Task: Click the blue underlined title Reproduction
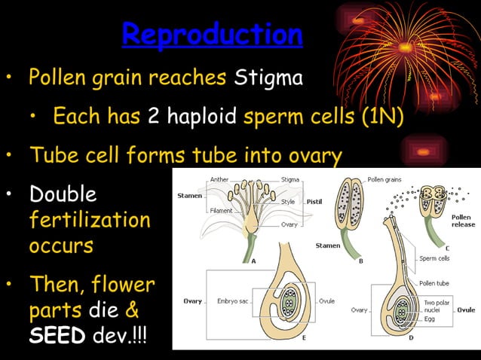click(x=212, y=35)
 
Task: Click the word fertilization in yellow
click(x=89, y=220)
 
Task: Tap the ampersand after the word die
click(x=131, y=310)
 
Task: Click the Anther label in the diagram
click(x=219, y=179)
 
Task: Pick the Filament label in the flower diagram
click(x=221, y=211)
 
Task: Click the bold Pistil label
click(x=314, y=202)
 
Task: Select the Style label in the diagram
click(x=287, y=201)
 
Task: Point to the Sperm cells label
click(x=434, y=258)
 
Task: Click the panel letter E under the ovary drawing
click(x=283, y=339)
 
